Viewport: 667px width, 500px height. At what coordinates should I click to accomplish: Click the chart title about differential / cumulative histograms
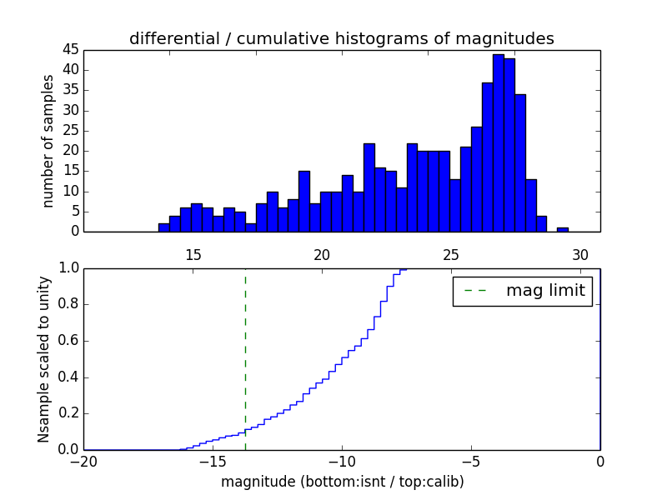click(341, 38)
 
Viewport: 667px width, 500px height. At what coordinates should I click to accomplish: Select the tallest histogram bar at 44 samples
click(498, 142)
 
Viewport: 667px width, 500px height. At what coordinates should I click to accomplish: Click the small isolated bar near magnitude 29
click(563, 229)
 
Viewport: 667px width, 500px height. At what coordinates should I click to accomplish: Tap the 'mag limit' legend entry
click(522, 291)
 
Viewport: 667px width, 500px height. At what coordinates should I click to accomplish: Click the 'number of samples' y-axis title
click(48, 141)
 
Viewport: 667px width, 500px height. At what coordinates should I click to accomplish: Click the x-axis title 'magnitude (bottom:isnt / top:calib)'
click(342, 482)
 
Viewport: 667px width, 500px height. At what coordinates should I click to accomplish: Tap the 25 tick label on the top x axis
click(451, 255)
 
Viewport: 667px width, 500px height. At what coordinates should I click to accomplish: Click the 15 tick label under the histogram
click(193, 255)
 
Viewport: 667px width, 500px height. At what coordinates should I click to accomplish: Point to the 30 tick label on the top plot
click(580, 255)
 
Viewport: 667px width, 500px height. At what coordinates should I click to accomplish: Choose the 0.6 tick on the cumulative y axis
click(67, 341)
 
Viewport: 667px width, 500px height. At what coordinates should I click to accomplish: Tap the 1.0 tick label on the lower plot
click(67, 268)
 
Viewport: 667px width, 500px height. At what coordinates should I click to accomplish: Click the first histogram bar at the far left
click(164, 227)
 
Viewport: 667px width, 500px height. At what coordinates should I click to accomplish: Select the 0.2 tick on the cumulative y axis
click(67, 413)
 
